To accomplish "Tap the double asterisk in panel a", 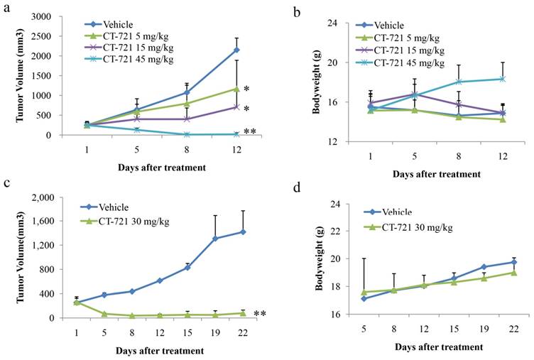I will (250, 133).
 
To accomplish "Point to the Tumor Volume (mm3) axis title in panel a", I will (11, 75).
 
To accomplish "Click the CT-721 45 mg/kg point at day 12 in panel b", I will (502, 79).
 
